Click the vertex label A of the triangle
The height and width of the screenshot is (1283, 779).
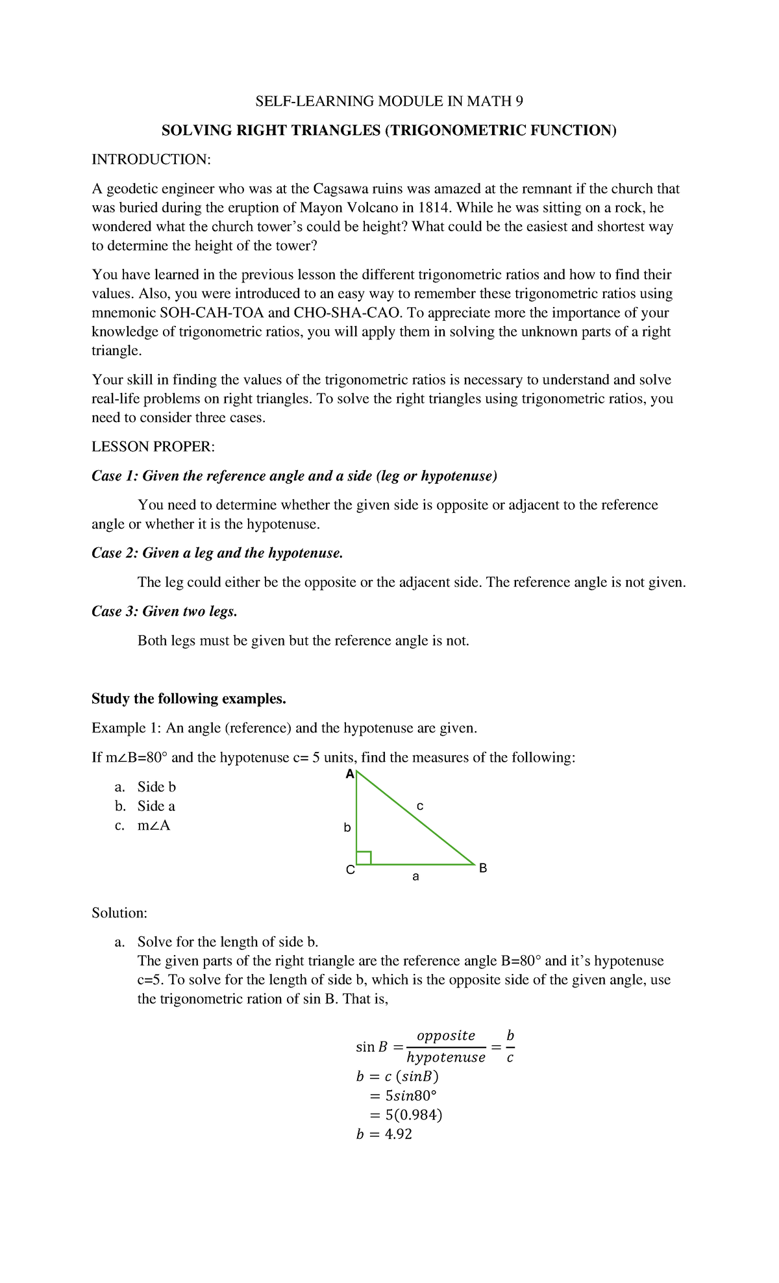[x=350, y=775]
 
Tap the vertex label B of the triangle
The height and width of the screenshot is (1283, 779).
[x=482, y=868]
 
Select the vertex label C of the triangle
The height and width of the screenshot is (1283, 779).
[x=350, y=871]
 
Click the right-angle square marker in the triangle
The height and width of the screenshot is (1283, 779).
[x=364, y=857]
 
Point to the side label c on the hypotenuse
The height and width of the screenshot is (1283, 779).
[x=420, y=806]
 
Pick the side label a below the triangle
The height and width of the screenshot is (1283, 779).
[x=416, y=877]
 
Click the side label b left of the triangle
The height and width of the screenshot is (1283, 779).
[x=347, y=828]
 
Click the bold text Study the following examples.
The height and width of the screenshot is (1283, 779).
[x=188, y=699]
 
